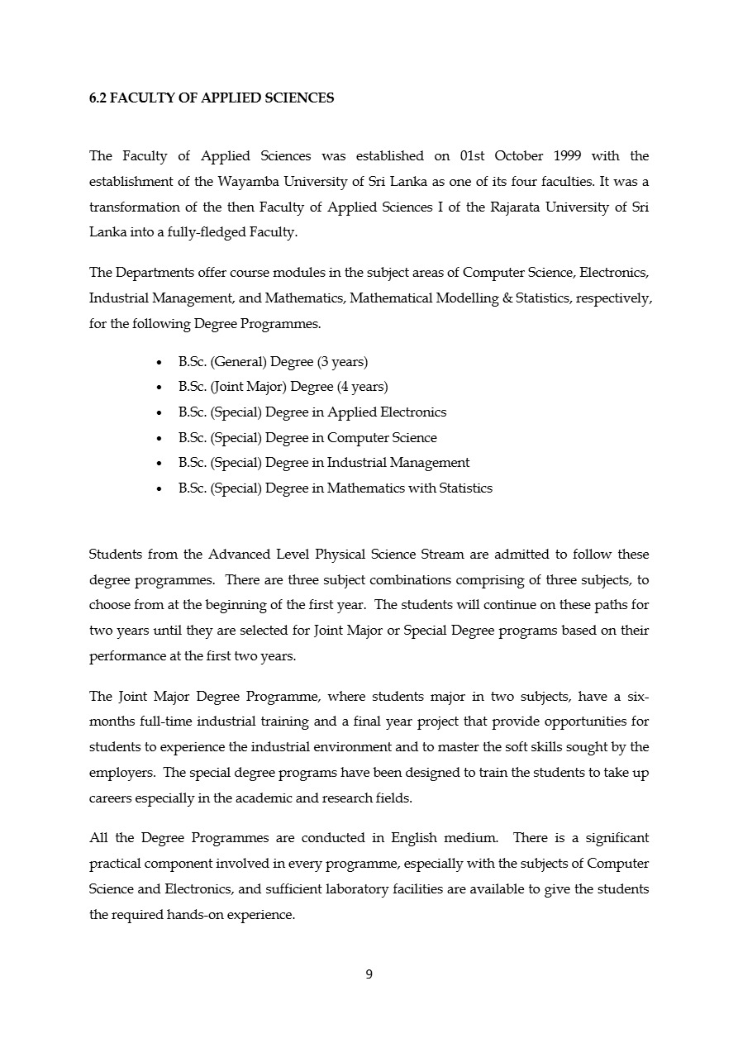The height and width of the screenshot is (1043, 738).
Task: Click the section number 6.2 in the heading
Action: (x=98, y=98)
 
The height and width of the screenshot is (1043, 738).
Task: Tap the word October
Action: (x=519, y=156)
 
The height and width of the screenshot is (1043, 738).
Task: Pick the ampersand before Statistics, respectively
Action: (x=507, y=298)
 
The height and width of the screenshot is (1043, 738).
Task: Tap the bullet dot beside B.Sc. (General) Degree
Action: (x=159, y=363)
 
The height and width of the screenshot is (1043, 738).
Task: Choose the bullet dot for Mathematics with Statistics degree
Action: (x=159, y=489)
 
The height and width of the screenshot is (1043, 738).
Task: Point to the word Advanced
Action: (x=239, y=555)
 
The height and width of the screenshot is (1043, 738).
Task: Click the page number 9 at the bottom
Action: (x=369, y=974)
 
